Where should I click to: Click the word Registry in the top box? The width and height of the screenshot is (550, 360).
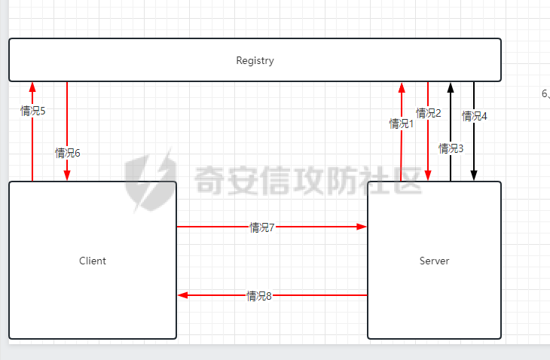255,60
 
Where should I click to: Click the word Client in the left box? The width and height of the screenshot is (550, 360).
93,261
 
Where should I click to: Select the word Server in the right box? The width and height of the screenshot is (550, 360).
434,261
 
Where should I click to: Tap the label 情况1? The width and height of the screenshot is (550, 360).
402,124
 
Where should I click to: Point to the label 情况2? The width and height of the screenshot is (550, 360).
429,113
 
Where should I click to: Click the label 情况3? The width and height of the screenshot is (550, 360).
451,148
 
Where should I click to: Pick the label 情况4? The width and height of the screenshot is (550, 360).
475,116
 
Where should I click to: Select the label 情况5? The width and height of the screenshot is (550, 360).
33,111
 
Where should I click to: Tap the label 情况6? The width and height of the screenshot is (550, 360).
68,153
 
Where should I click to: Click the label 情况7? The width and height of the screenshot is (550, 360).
262,227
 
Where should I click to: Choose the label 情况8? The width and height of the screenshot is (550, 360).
259,296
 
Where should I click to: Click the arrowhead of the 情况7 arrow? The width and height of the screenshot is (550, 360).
362,227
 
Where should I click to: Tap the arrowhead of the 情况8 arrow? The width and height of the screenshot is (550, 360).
183,295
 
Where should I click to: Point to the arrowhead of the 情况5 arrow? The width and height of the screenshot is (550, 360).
32,87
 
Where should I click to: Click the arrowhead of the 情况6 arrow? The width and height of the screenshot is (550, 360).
67,175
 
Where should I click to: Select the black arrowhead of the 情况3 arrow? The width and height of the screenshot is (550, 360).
451,87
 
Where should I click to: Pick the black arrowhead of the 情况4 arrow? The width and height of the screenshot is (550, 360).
474,175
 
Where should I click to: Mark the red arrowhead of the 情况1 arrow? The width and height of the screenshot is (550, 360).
402,87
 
